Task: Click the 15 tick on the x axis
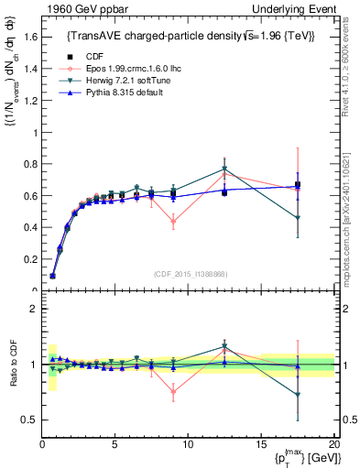click(260, 444)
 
